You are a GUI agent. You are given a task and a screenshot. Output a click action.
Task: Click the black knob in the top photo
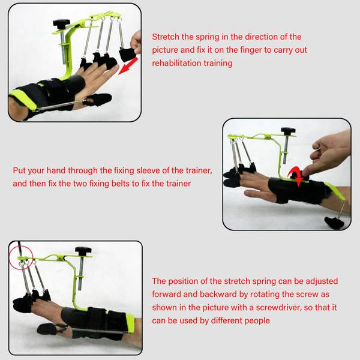(61, 23)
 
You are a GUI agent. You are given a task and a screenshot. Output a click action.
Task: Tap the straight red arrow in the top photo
(128, 66)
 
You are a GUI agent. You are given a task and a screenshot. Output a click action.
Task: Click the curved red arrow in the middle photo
(296, 176)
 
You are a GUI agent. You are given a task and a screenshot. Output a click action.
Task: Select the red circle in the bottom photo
(21, 258)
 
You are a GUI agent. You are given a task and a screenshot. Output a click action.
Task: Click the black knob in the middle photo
(288, 131)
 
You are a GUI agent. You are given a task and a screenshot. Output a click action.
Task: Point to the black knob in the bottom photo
(83, 250)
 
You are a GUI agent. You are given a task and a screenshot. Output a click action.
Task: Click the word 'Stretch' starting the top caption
(166, 37)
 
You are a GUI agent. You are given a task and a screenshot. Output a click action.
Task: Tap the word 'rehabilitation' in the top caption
(175, 63)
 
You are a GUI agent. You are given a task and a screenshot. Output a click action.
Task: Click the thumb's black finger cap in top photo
(98, 100)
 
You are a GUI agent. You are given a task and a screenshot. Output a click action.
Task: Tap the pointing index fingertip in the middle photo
(305, 172)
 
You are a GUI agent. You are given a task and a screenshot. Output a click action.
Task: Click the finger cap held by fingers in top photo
(126, 54)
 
